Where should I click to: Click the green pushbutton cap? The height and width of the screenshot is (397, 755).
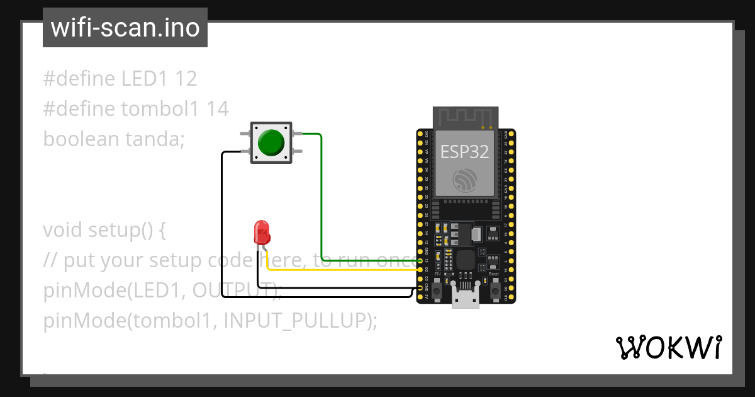pyautogui.click(x=271, y=142)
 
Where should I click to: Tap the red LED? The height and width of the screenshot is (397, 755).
pyautogui.click(x=261, y=233)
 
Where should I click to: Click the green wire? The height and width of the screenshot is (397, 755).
pyautogui.click(x=322, y=202)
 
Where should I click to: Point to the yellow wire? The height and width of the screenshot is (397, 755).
pyautogui.click(x=340, y=270)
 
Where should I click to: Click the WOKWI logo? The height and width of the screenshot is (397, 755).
pyautogui.click(x=668, y=347)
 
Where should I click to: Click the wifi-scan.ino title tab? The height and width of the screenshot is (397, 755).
pyautogui.click(x=125, y=28)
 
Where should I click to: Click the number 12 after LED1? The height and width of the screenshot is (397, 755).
pyautogui.click(x=186, y=79)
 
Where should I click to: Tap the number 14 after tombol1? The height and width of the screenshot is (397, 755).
pyautogui.click(x=218, y=109)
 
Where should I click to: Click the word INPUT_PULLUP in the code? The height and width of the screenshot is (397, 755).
pyautogui.click(x=294, y=321)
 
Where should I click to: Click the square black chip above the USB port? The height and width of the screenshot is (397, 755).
pyautogui.click(x=466, y=260)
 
